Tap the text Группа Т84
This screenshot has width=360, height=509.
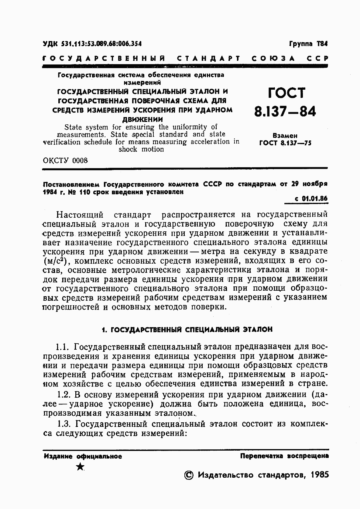point(308,44)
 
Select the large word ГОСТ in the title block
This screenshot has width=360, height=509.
point(286,93)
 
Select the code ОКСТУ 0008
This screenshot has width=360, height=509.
point(65,160)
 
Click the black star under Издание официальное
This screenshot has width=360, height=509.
point(80,466)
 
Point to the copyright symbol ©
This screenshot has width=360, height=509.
point(189,475)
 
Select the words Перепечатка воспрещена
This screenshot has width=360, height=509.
point(284,456)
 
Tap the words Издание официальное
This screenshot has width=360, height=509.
point(83,456)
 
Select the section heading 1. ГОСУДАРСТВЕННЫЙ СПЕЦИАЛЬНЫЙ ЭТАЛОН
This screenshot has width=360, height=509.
point(187,330)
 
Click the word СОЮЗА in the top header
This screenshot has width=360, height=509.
point(273,58)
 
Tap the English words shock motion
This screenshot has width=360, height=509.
point(141,149)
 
